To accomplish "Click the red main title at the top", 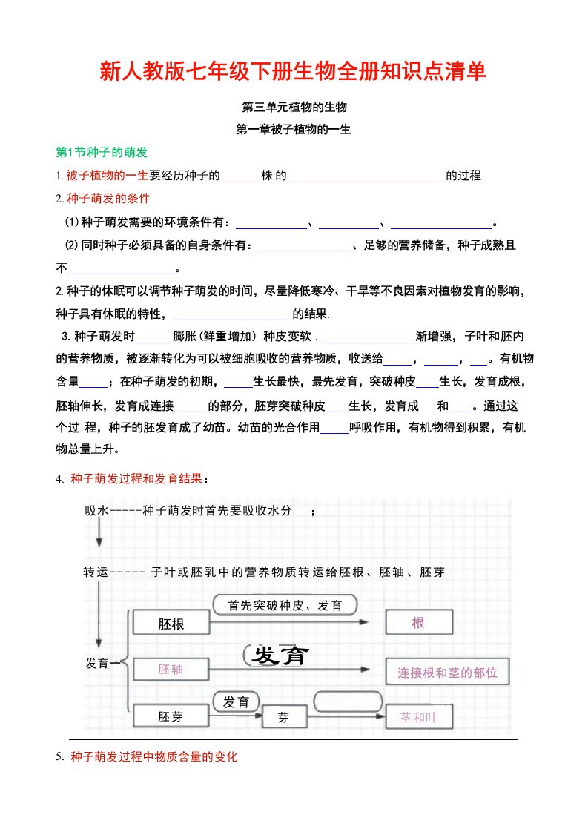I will [294, 71].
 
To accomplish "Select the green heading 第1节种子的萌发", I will [102, 152].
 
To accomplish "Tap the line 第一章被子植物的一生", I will [293, 129].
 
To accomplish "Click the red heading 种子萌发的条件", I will [108, 199].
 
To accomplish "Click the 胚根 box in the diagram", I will [171, 624].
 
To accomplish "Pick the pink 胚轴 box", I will [171, 670].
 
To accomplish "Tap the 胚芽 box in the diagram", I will [171, 717].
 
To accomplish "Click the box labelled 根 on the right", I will [418, 623].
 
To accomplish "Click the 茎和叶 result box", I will [418, 717].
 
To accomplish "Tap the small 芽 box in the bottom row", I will [283, 717].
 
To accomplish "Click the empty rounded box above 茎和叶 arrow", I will [348, 701].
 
